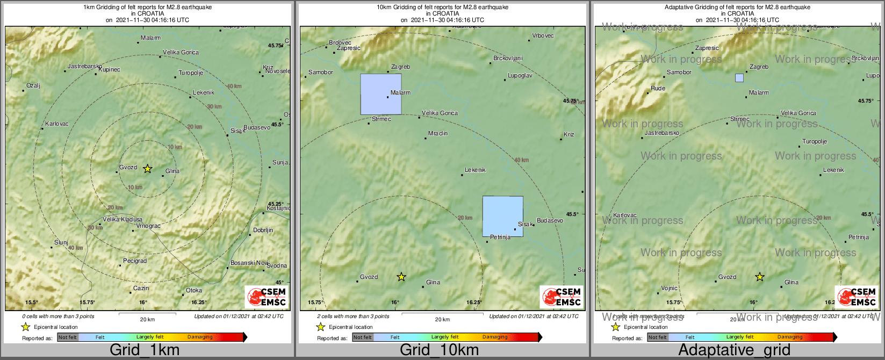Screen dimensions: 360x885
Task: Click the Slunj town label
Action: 61,242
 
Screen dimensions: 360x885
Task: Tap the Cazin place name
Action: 141,289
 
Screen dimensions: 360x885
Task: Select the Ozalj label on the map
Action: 33,85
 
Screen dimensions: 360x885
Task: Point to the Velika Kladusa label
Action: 123,219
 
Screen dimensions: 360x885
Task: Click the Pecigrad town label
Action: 135,261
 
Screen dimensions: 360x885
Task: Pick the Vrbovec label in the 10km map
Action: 543,36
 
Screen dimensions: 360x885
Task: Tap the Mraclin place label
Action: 438,133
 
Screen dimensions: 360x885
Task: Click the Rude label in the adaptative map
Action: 658,88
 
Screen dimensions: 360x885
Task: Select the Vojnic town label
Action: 669,288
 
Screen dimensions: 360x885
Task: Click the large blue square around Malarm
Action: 380,94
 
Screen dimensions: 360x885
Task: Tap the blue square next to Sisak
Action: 502,216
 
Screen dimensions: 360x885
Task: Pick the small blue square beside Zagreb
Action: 739,78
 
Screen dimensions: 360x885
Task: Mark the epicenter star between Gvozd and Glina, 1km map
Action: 147,169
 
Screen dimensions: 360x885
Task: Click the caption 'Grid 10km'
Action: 439,350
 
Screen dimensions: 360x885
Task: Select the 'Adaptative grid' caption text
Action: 734,350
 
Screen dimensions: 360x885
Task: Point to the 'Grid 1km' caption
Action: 144,350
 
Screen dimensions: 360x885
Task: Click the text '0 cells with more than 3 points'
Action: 58,316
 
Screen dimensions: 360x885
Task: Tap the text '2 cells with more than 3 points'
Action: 353,316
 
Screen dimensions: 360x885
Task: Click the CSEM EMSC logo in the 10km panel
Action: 562,297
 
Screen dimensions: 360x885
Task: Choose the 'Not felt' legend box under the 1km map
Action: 68,337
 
